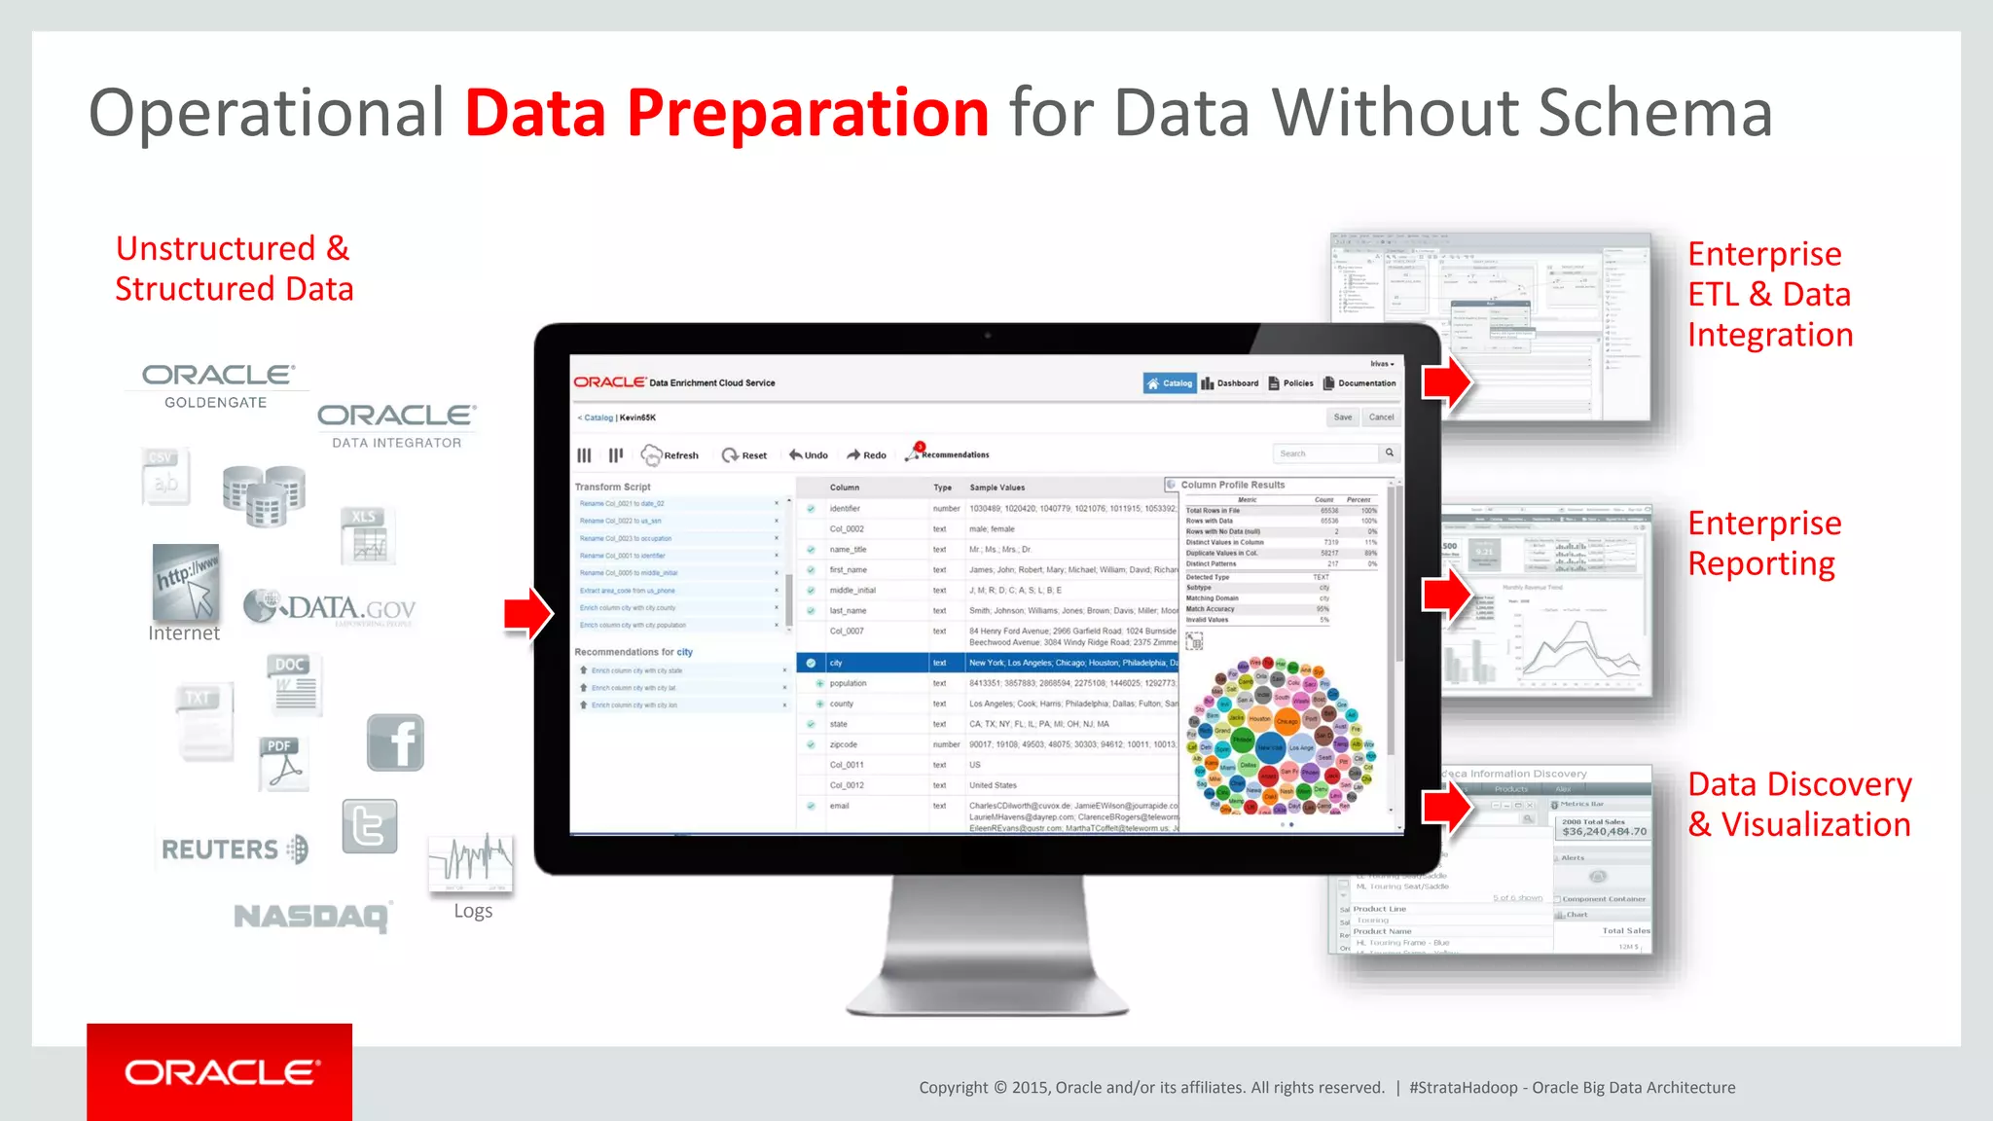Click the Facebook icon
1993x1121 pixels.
coord(396,742)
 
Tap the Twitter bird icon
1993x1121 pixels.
coord(370,826)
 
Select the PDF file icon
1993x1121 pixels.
coord(283,763)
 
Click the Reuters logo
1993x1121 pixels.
coord(235,850)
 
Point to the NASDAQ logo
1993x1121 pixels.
coord(311,916)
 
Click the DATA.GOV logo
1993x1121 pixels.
coord(330,608)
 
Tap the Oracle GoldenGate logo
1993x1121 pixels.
coord(217,385)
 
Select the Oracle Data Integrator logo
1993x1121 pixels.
coord(397,426)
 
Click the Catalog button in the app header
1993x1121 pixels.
coord(1170,383)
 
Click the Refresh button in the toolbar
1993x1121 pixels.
coord(670,454)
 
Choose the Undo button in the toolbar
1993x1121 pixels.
coord(809,454)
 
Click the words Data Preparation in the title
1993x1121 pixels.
coord(727,114)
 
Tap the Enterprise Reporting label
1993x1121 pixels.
coord(1763,543)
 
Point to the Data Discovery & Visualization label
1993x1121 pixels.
coord(1799,804)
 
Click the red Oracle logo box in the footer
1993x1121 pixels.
coord(220,1071)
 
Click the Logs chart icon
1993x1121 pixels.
coord(471,862)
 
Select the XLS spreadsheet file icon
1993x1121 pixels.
coord(367,536)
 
